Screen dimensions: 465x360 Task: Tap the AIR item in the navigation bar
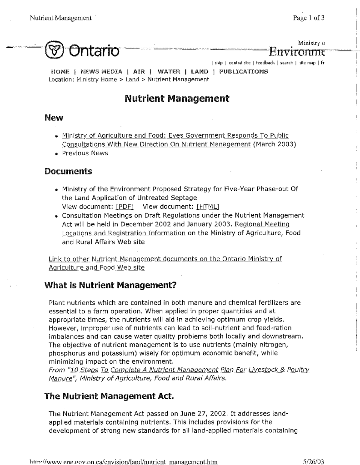tap(139, 72)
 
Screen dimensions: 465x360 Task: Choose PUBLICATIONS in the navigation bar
tap(243, 72)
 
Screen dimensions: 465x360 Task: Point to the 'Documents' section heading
tap(68, 172)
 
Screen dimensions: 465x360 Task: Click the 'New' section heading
tap(54, 118)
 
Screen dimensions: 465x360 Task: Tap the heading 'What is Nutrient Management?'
tap(110, 286)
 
